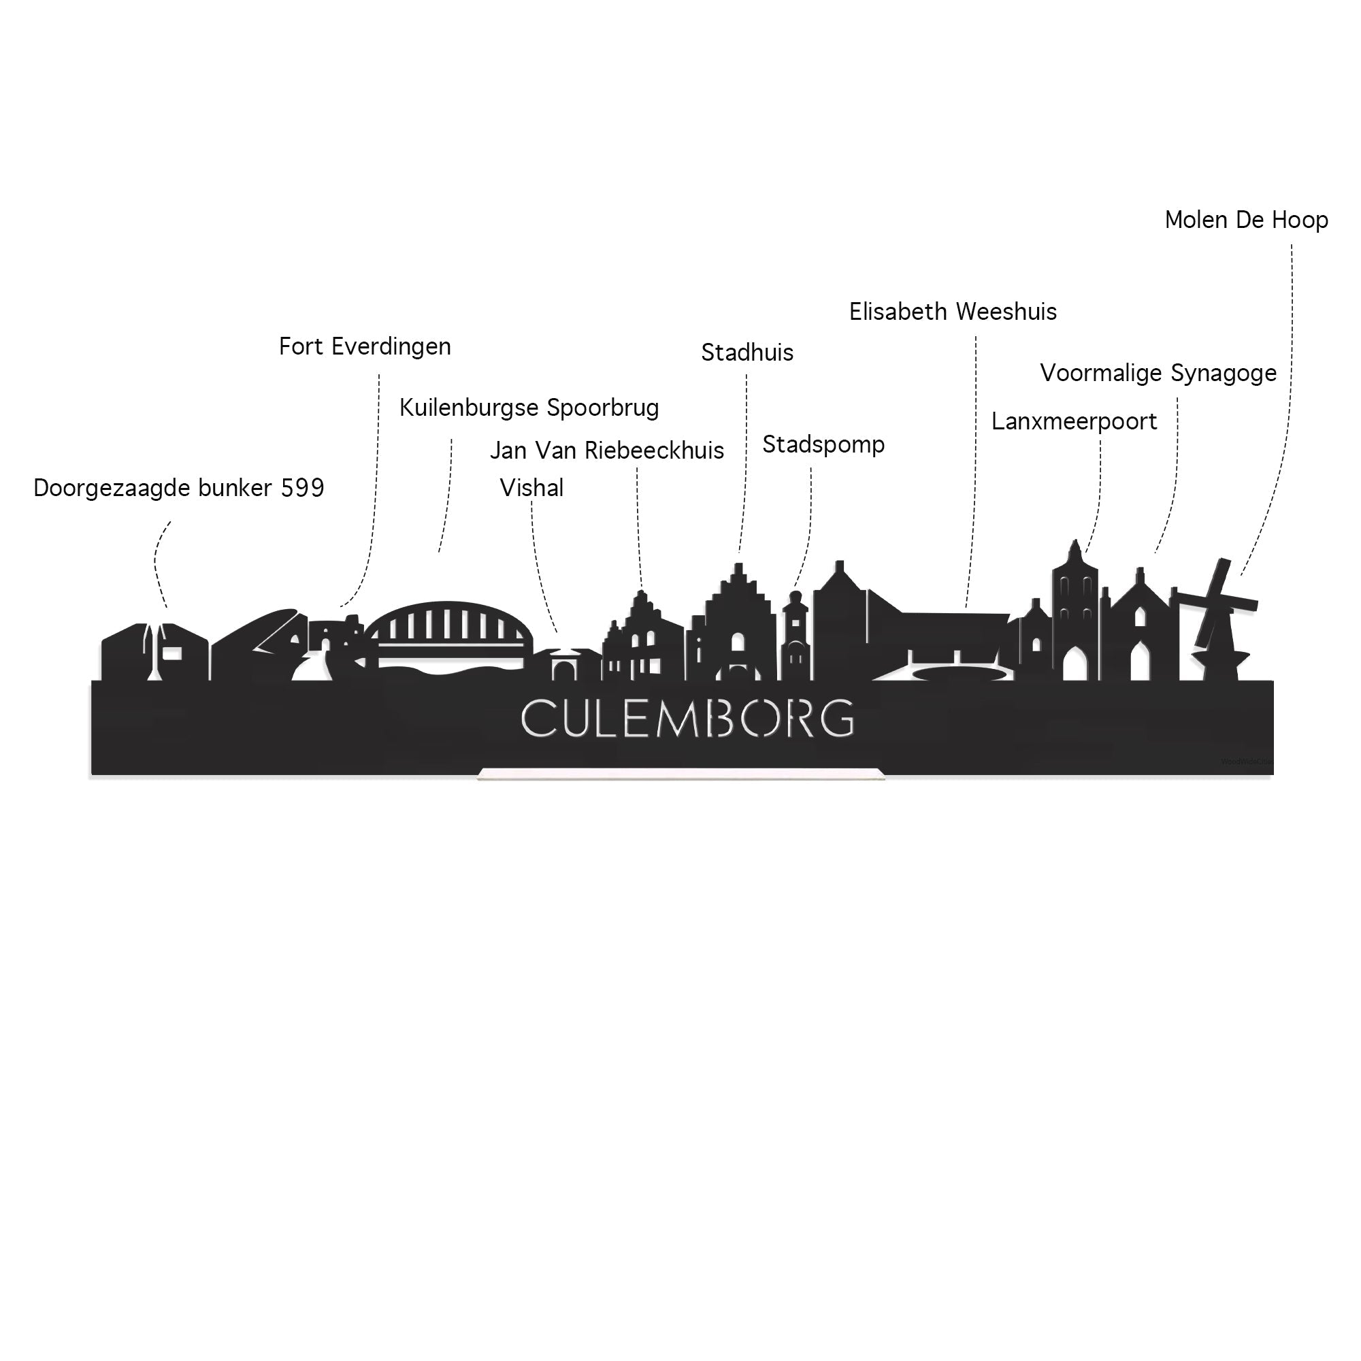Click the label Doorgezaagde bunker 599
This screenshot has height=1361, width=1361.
tap(179, 488)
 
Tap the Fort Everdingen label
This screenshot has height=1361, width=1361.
tap(365, 347)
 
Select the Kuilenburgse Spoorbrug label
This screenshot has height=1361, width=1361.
tap(529, 408)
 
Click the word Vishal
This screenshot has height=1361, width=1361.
tap(532, 488)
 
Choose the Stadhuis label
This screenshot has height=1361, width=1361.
tap(747, 353)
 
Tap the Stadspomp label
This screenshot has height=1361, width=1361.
tap(823, 445)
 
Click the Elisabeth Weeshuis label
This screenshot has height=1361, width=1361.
tap(953, 312)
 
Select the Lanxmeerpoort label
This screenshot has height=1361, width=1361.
tap(1075, 422)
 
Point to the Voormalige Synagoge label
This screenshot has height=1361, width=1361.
tap(1159, 374)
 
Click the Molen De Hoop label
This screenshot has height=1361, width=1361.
tap(1247, 220)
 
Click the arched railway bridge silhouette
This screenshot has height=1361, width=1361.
tap(446, 632)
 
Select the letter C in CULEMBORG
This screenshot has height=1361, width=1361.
tap(536, 719)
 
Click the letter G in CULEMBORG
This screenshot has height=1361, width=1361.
tap(838, 719)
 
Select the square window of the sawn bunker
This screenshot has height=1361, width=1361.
tap(173, 654)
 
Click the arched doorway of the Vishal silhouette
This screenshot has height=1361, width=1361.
tap(563, 669)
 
